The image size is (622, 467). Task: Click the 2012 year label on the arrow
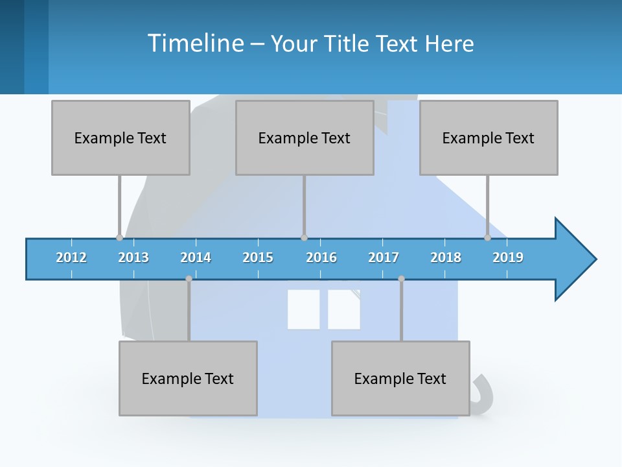71,257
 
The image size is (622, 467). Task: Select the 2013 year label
133,257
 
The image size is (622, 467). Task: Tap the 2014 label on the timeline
196,257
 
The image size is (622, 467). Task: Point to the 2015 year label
258,257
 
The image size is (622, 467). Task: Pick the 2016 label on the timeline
321,257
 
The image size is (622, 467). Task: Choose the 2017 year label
384,257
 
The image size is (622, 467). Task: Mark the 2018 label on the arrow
446,257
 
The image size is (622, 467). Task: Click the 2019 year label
508,257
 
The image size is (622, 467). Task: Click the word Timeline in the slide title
195,43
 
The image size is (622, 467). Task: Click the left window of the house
304,309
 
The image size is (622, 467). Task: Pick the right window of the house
344,309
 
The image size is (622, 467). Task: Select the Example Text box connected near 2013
121,138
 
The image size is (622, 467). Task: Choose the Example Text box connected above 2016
305,138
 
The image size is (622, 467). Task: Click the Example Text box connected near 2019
489,138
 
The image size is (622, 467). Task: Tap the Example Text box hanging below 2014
188,378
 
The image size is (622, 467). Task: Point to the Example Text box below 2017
400,378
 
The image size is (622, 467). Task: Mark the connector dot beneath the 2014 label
189,279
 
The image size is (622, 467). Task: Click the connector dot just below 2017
401,279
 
